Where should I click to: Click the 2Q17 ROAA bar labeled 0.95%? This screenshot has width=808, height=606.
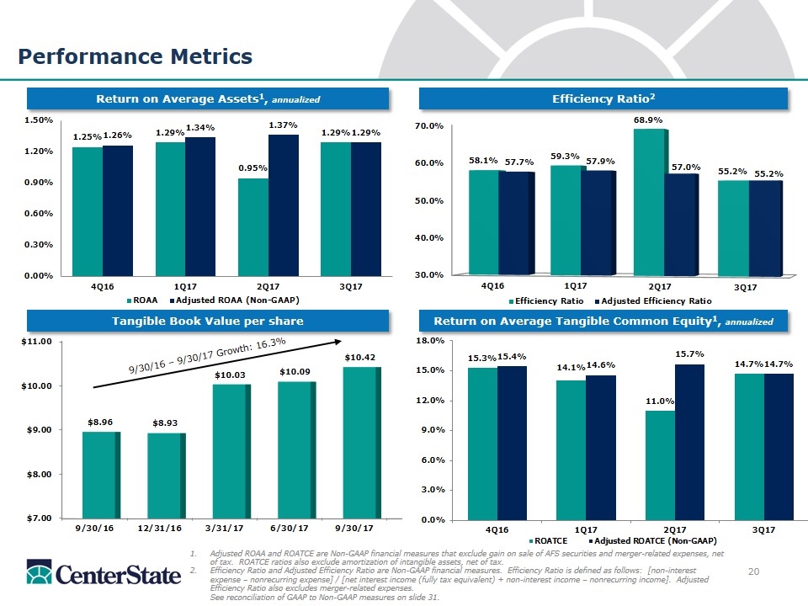pos(253,226)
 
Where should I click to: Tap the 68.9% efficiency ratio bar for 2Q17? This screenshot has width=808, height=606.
pos(649,201)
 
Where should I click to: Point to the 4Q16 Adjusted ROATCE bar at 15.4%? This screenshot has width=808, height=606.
pos(513,442)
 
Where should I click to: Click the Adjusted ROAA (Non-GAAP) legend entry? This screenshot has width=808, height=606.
pos(234,300)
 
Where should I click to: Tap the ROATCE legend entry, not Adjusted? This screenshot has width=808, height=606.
pos(550,540)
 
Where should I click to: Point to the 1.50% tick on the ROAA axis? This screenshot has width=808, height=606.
pos(39,120)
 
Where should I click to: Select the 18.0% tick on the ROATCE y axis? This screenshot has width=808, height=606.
pos(432,341)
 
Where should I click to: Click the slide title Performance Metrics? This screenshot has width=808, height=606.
pos(136,56)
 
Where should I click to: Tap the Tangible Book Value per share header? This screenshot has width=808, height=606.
pos(208,321)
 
